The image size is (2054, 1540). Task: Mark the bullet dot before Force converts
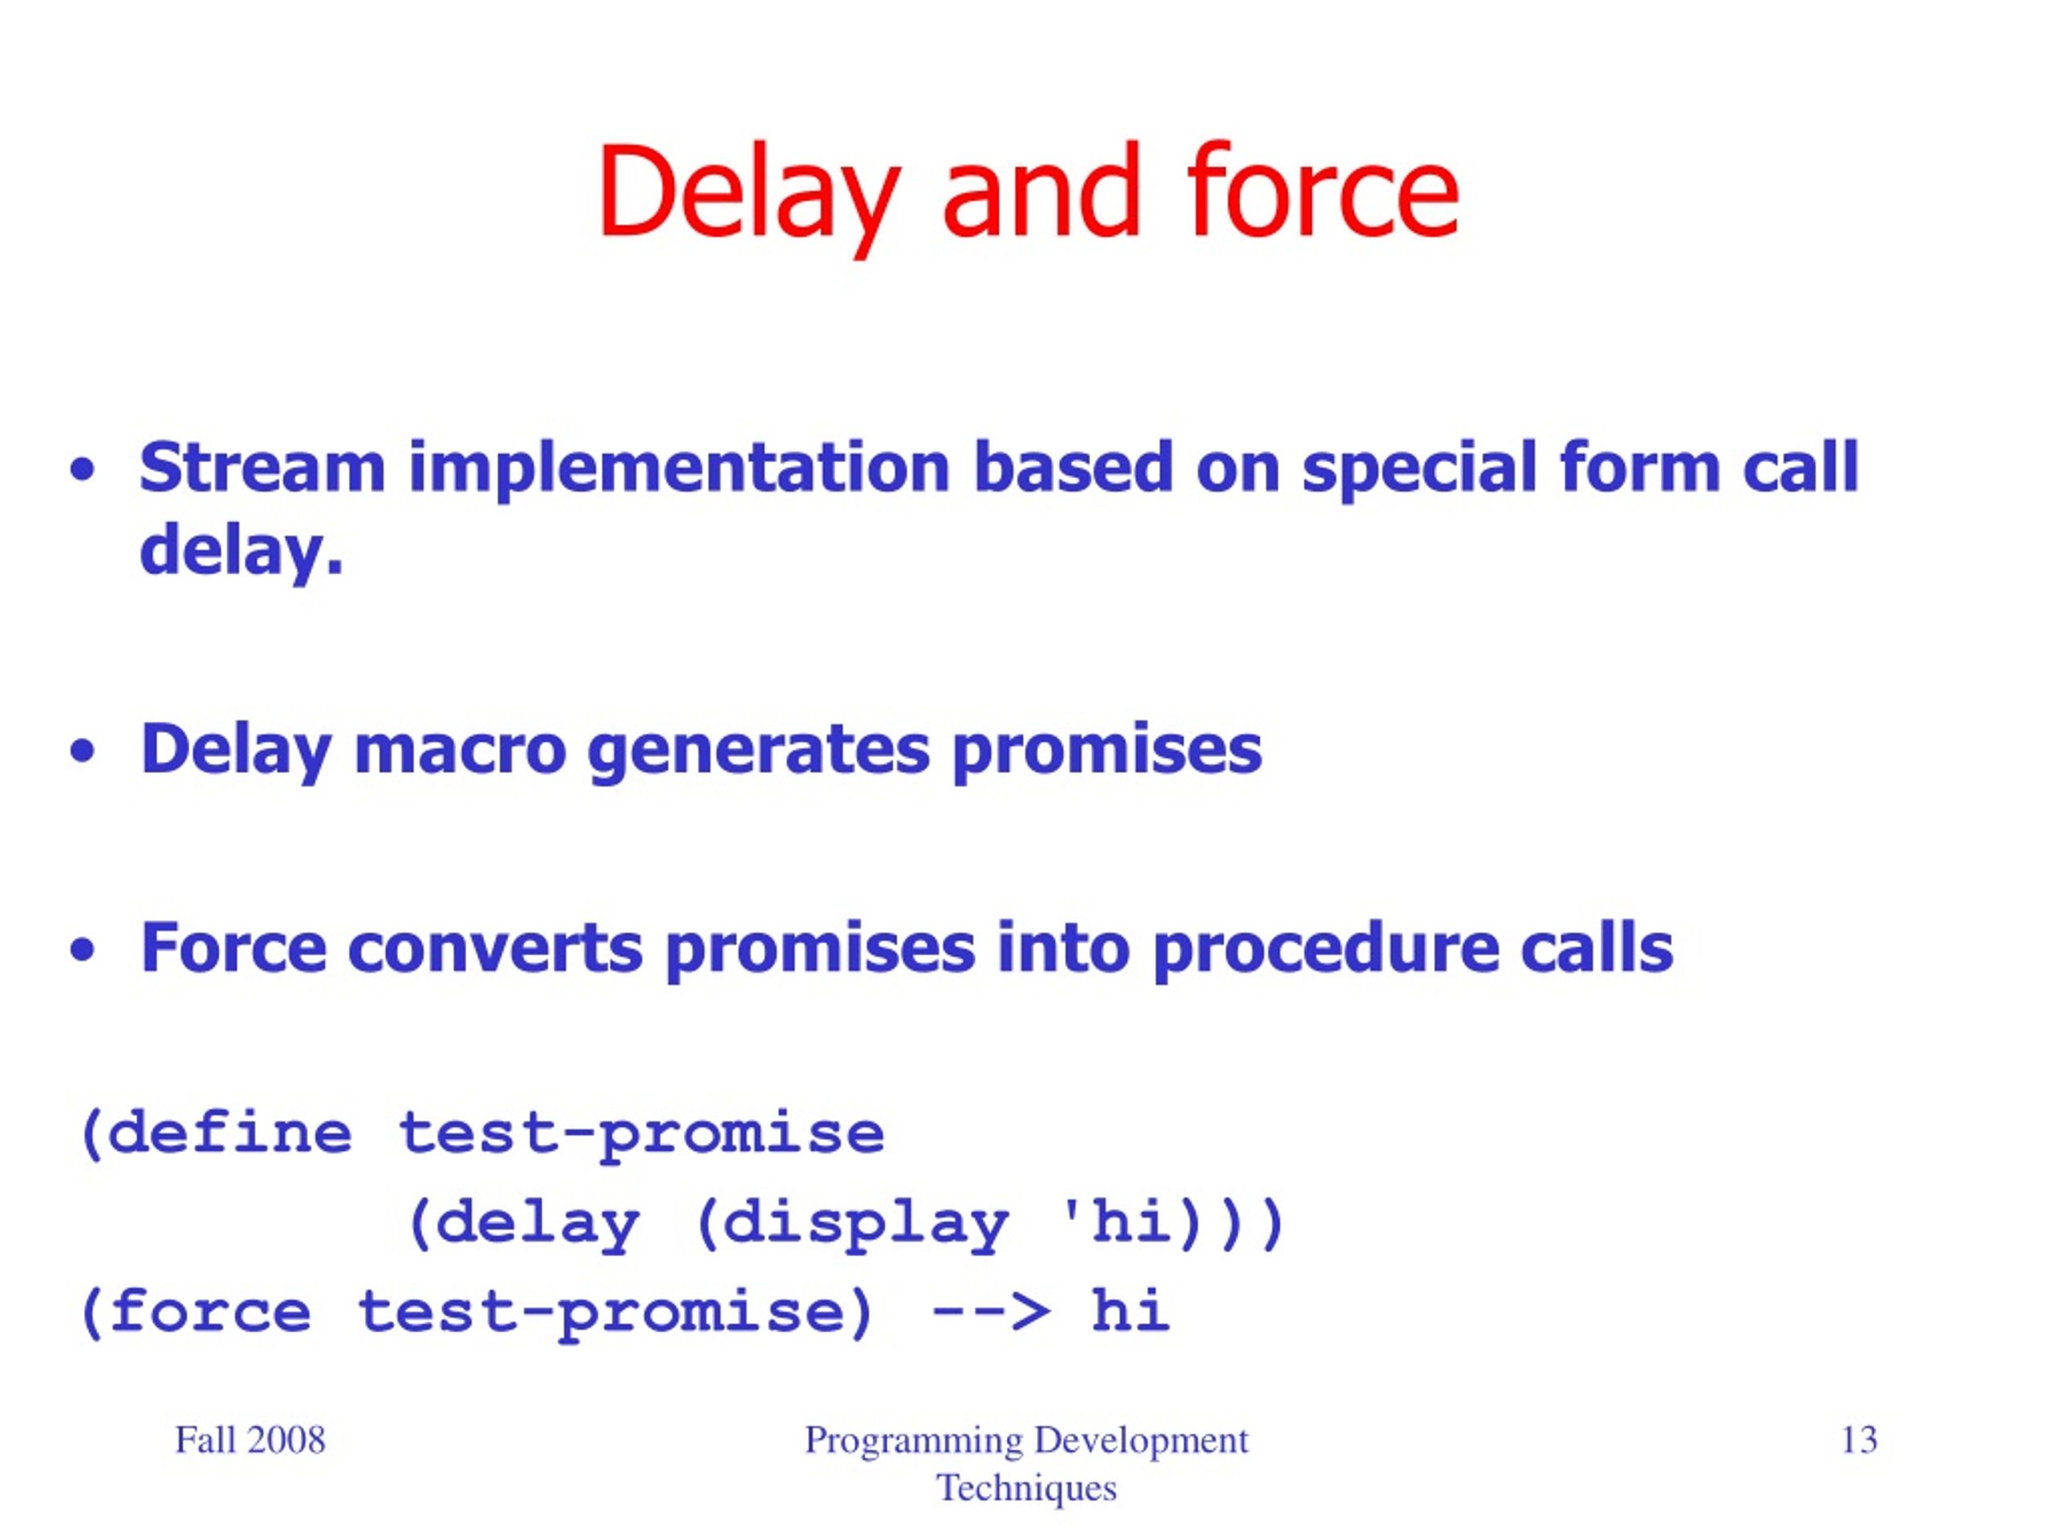(83, 950)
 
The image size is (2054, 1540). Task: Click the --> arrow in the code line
(991, 1311)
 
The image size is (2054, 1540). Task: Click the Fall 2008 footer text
(250, 1440)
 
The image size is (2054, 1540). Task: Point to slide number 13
(1859, 1440)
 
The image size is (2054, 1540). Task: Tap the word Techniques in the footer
(1026, 1488)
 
